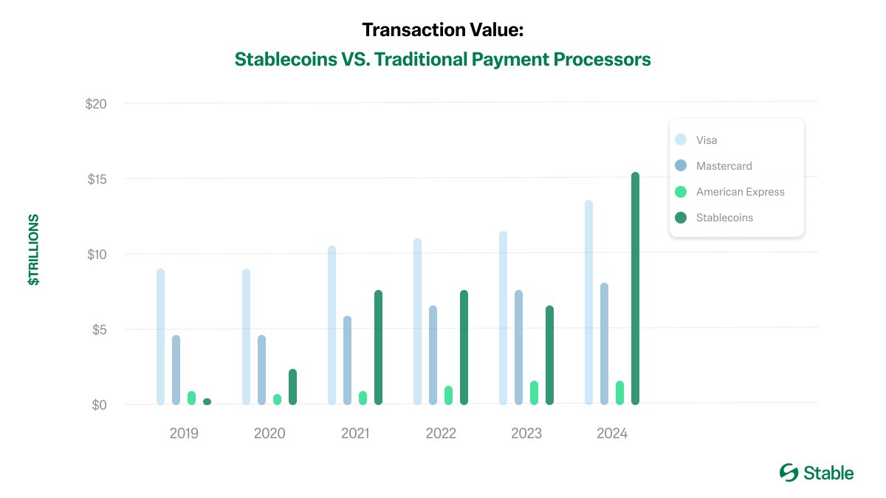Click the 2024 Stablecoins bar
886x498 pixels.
(x=635, y=288)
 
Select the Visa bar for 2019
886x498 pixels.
(x=160, y=336)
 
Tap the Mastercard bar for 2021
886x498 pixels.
(x=348, y=360)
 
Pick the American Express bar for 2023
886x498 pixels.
(x=534, y=392)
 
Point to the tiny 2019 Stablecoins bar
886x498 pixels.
(x=207, y=401)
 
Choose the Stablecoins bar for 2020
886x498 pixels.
(x=292, y=387)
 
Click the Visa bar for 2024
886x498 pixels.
(x=588, y=302)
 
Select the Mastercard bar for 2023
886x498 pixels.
(x=518, y=347)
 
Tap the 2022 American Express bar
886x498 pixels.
(x=448, y=395)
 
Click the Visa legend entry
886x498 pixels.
(x=707, y=140)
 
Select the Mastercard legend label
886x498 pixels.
(x=724, y=166)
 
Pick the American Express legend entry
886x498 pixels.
(x=740, y=192)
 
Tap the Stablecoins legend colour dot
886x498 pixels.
(x=681, y=218)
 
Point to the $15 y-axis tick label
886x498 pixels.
(x=96, y=179)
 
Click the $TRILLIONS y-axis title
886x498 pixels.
(x=34, y=251)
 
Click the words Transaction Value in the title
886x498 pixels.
(x=442, y=30)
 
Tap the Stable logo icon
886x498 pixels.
(x=789, y=473)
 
